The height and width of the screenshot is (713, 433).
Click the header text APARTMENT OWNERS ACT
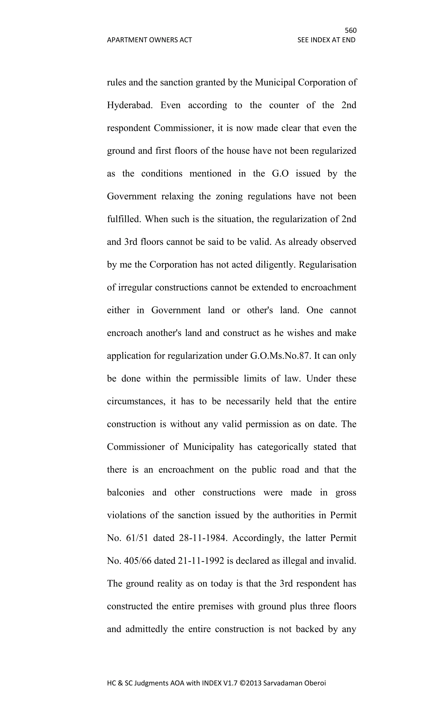click(x=149, y=40)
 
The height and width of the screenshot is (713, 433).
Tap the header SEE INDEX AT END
click(x=326, y=40)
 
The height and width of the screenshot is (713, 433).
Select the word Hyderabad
click(x=130, y=105)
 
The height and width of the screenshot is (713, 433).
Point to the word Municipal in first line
click(x=275, y=82)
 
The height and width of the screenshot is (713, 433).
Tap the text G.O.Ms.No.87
click(x=281, y=356)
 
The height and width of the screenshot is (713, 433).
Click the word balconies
click(x=126, y=492)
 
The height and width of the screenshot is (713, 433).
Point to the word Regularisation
click(x=327, y=264)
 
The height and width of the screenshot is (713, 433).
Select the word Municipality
click(x=208, y=447)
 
